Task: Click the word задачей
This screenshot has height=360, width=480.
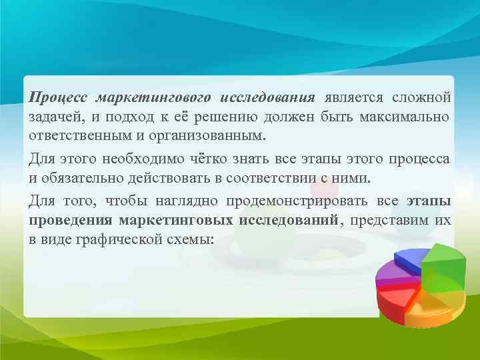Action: tap(51, 117)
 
